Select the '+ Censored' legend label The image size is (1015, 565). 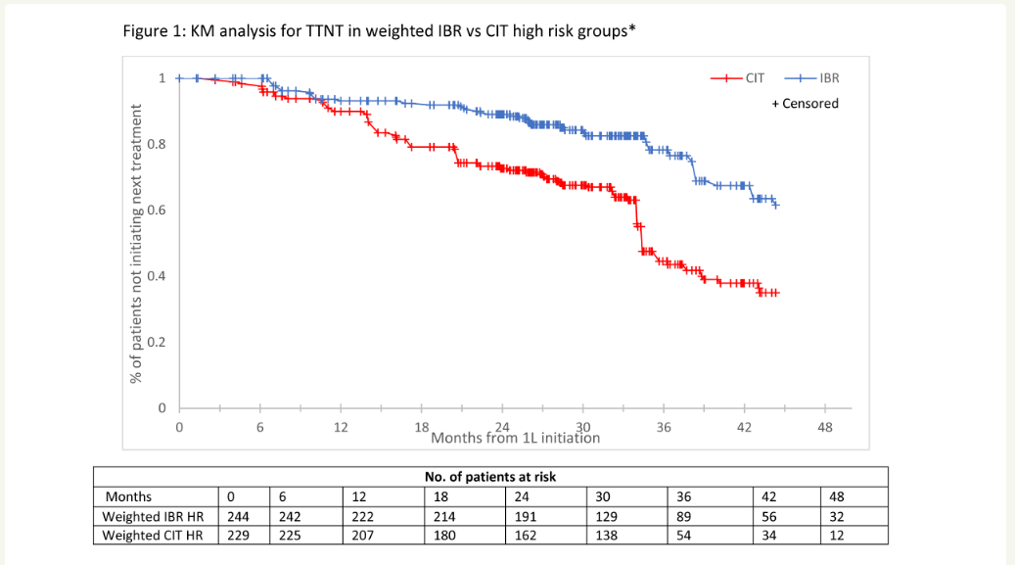point(805,103)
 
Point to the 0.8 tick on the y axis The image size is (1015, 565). point(157,144)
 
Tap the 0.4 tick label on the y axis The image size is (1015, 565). point(157,276)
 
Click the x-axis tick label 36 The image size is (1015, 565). point(664,428)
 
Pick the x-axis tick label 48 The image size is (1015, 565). point(825,428)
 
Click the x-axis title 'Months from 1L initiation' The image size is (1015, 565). point(516,437)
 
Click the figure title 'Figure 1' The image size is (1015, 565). point(377,31)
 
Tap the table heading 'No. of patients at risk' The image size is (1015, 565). point(490,477)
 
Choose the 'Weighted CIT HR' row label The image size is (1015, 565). point(153,535)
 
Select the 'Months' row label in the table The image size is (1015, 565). point(128,496)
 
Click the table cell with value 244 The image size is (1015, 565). point(238,516)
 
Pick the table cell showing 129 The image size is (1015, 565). point(605,516)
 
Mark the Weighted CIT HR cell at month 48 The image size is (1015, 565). point(836,535)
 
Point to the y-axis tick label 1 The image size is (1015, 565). point(163,77)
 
